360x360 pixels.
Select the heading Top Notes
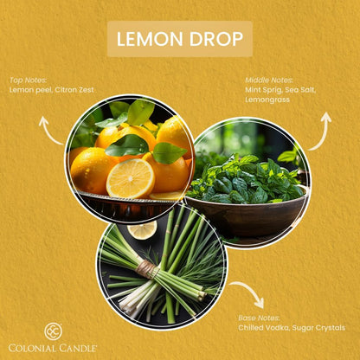pos(28,80)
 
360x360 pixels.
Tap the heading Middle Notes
pos(269,80)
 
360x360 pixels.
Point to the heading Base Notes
pos(259,318)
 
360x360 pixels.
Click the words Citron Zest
pos(74,90)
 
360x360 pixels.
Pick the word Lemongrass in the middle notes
pos(267,100)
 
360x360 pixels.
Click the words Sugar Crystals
pos(318,328)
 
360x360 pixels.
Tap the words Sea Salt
pos(300,90)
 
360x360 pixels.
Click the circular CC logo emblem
pos(54,331)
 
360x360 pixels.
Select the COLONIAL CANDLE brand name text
pos(53,348)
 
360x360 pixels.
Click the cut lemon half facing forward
pos(131,178)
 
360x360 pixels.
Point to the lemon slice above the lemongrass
pos(142,229)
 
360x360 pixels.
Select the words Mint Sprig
pos(263,90)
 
